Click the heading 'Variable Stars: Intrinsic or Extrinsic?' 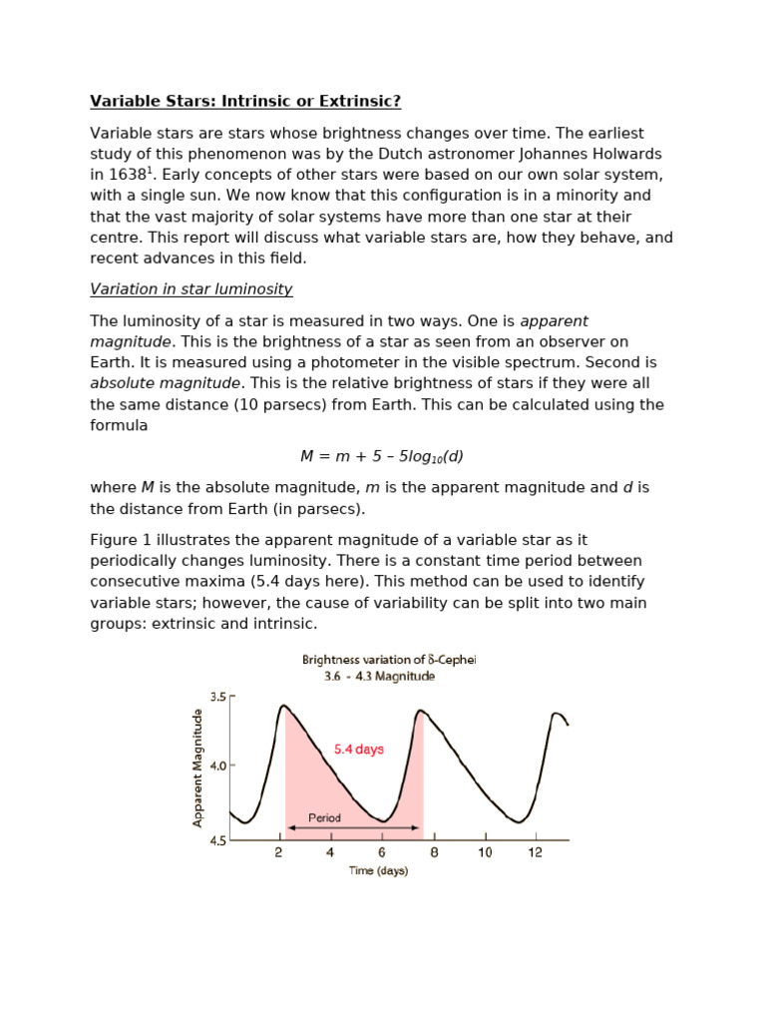[247, 101]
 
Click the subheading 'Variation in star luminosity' [191, 289]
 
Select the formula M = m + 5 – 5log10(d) [382, 456]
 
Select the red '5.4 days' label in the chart [359, 750]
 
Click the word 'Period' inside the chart [324, 817]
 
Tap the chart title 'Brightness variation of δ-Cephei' [389, 660]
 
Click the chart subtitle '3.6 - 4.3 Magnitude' [380, 677]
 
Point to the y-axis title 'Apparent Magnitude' [197, 766]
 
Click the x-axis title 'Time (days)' [378, 870]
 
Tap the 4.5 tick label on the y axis [218, 840]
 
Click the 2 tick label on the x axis [279, 853]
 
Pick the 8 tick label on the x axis [433, 853]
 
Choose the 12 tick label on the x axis [536, 853]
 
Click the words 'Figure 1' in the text [122, 539]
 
